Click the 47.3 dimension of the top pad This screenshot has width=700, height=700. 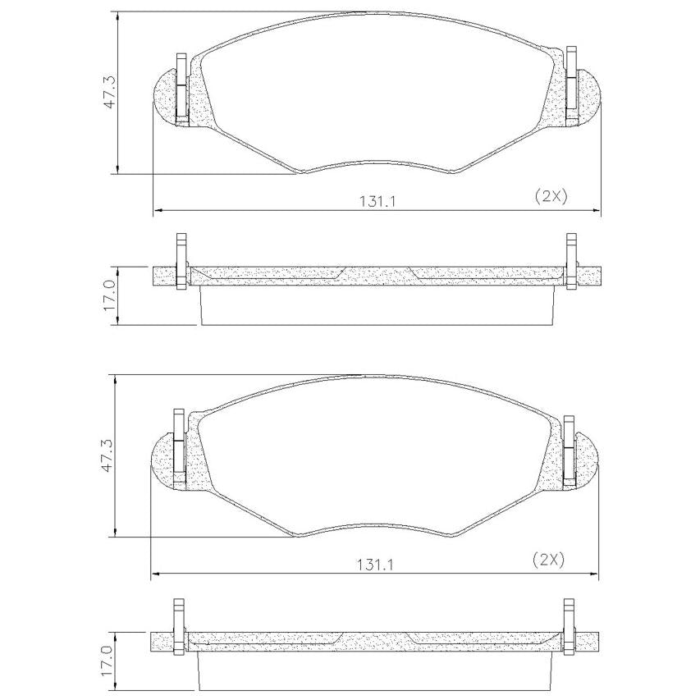(110, 93)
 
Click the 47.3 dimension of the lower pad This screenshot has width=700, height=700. (108, 455)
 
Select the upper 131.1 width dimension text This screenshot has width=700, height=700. (378, 202)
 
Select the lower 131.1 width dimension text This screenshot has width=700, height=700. (375, 565)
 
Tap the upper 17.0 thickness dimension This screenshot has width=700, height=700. (110, 295)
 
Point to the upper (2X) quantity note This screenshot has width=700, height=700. (551, 196)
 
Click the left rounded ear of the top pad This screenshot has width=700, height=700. (166, 95)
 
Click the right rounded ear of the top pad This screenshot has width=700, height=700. (588, 95)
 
